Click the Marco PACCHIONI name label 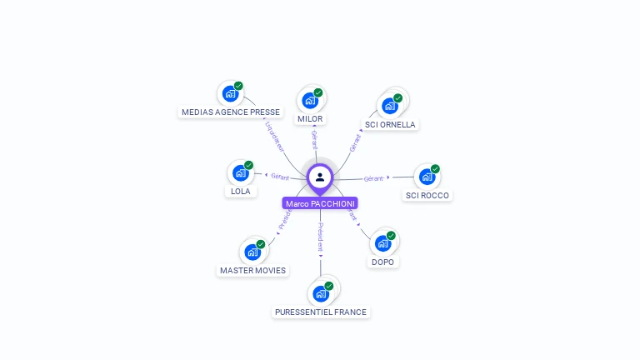320,203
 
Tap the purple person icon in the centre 320,177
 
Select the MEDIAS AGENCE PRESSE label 231,112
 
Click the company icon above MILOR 310,101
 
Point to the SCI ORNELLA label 390,125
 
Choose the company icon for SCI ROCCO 427,177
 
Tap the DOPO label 383,262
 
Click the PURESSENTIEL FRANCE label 321,312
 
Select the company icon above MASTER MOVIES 252,252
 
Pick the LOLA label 240,191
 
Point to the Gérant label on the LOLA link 279,177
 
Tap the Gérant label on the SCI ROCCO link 373,178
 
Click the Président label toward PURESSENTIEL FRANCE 320,237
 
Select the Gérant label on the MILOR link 314,139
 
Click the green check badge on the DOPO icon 391,236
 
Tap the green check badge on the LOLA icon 248,165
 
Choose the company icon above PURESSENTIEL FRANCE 320,293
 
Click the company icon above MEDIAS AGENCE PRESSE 230,93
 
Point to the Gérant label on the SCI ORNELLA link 355,142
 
